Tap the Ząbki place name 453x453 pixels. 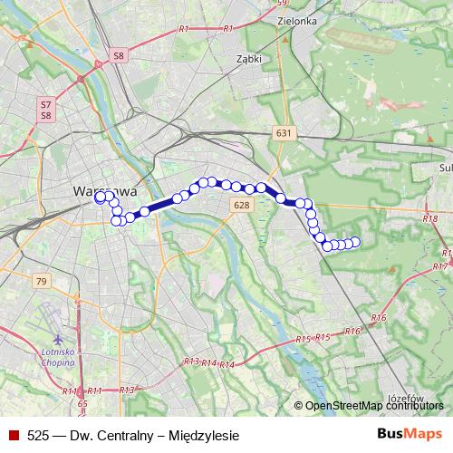click(247, 58)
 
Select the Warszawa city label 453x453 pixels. click(103, 192)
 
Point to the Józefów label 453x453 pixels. click(406, 397)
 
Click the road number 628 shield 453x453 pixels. click(241, 206)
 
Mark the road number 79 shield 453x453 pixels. click(41, 282)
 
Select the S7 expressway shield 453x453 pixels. click(45, 104)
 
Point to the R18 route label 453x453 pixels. click(429, 218)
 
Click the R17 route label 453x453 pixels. click(440, 266)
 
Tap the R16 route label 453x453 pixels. click(378, 318)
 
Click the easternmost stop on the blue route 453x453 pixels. click(355, 241)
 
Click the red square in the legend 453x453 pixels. click(14, 435)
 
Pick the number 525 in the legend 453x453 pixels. click(38, 435)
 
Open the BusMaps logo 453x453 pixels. click(410, 433)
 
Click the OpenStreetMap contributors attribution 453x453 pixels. click(371, 406)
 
